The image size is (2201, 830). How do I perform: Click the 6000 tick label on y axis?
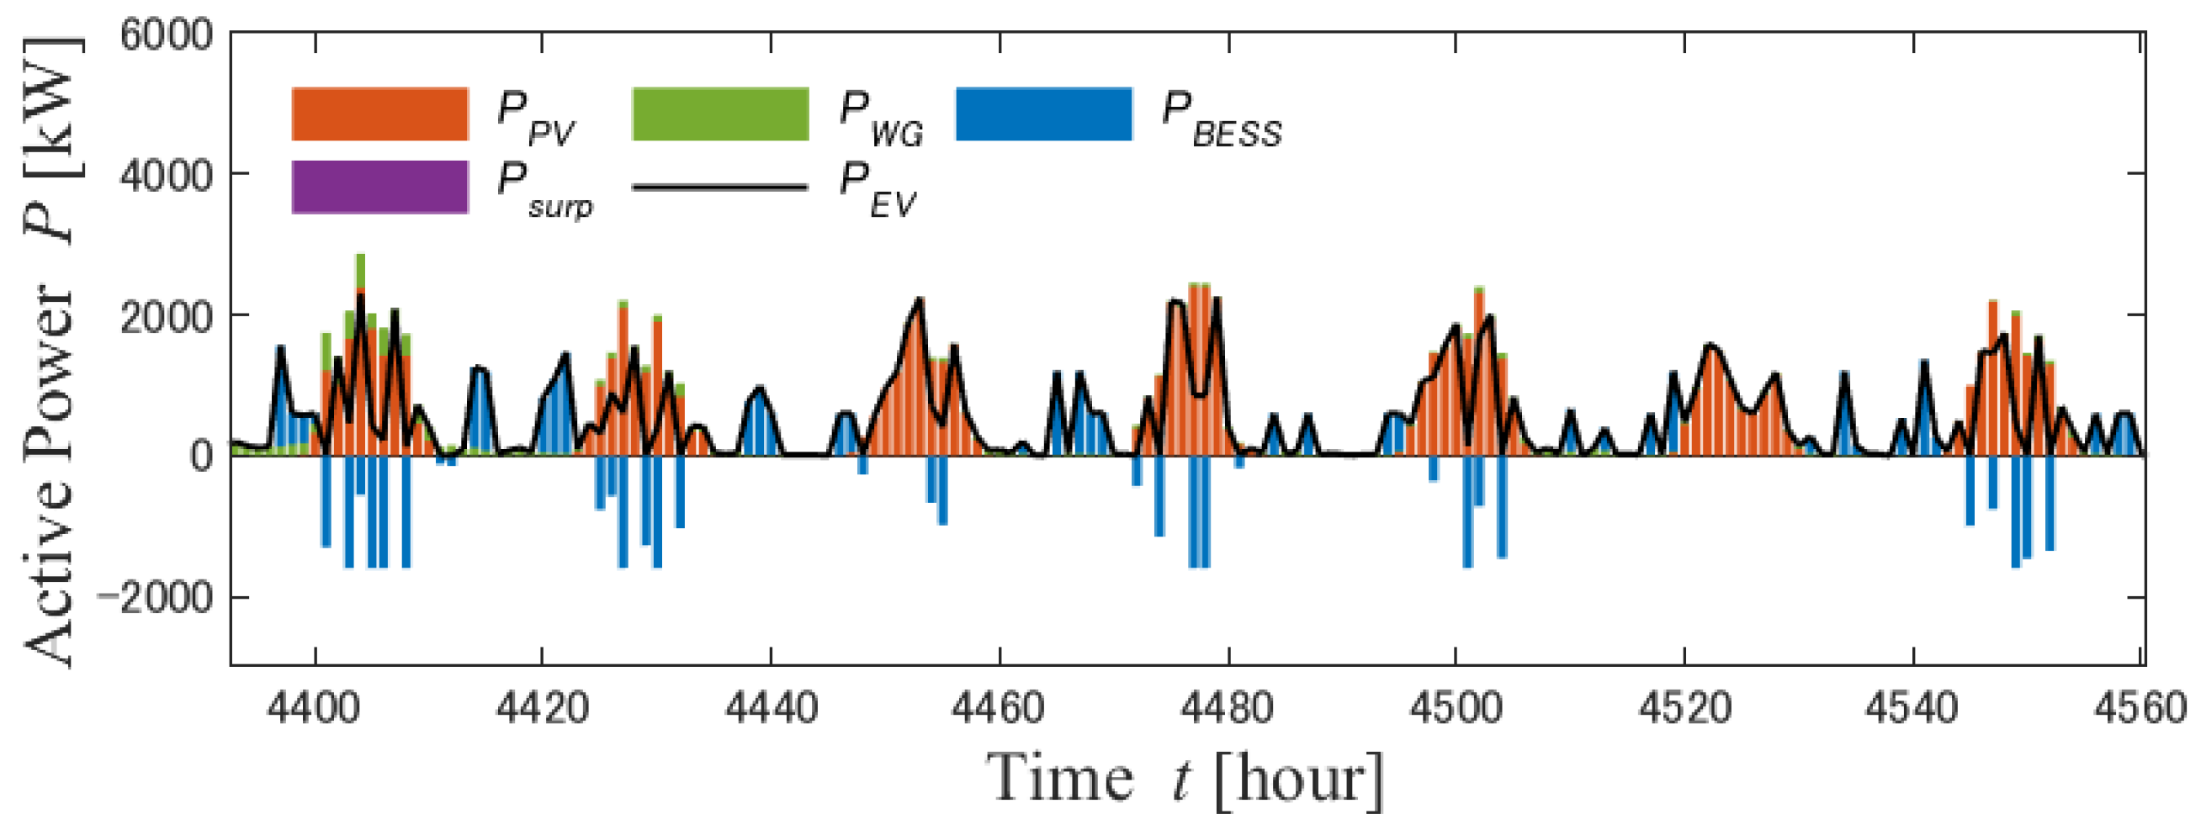click(x=166, y=36)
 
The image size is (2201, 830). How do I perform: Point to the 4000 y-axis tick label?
click(x=166, y=177)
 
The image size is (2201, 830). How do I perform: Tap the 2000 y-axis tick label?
click(x=166, y=318)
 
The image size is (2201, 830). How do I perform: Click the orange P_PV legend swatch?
click(x=380, y=114)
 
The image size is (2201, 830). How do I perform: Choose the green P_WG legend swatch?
click(x=719, y=114)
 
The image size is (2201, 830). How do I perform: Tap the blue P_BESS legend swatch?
click(x=1044, y=114)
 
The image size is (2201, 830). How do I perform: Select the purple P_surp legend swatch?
click(x=380, y=186)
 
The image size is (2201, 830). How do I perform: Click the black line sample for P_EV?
click(x=719, y=187)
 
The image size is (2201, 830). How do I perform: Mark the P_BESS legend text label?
click(x=1222, y=119)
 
